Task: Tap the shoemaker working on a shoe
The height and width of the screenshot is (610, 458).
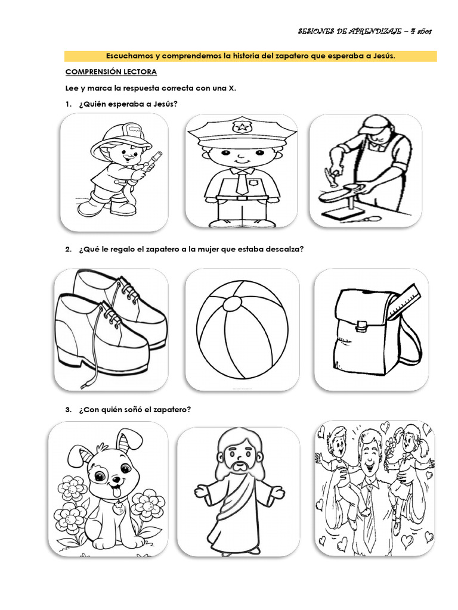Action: [365, 172]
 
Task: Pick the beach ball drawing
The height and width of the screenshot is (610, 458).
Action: [242, 329]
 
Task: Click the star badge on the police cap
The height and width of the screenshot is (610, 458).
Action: [242, 126]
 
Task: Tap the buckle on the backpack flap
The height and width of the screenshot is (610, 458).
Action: [361, 325]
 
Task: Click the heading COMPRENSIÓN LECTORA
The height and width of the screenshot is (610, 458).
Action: [111, 71]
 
